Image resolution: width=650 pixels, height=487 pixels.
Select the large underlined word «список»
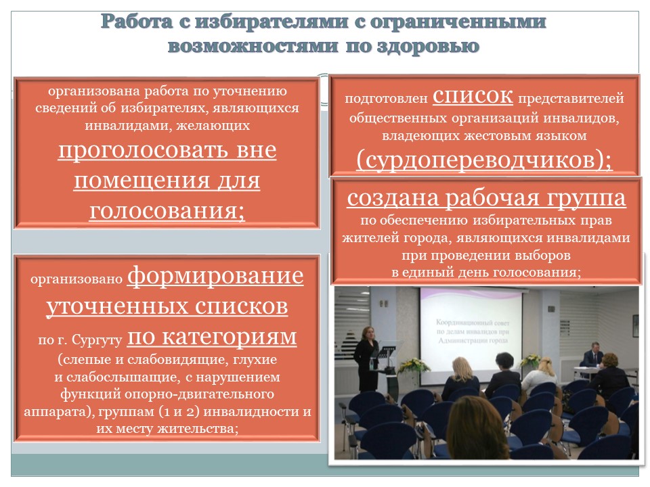473,96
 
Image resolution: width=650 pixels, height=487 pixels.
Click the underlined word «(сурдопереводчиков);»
483,160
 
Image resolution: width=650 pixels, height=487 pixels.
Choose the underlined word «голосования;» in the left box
167,211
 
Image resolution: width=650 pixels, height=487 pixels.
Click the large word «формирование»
215,276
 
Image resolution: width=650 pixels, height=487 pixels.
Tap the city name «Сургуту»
97,340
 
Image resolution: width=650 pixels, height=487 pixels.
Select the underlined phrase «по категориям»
212,337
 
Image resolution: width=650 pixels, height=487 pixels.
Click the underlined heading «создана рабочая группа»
486,198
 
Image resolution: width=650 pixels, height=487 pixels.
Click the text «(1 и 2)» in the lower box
179,411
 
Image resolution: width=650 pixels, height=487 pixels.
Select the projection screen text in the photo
473,331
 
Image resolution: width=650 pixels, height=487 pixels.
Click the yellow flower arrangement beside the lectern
413,366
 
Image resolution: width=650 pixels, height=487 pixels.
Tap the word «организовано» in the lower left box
77,279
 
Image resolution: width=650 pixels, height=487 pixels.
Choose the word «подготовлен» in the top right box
386,99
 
